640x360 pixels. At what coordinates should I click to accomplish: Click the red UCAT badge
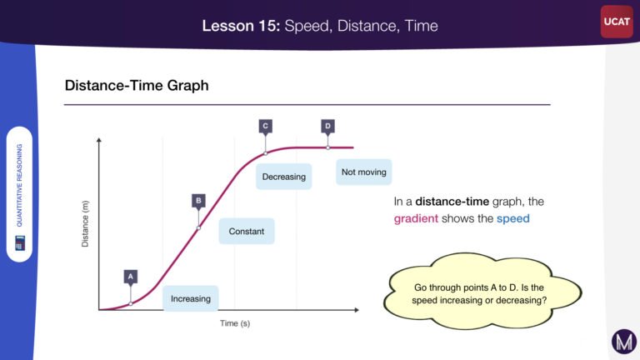point(617,22)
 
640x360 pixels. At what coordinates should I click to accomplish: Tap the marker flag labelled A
point(131,277)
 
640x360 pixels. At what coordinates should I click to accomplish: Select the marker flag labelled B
point(199,201)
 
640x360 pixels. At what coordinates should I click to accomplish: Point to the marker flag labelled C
point(265,126)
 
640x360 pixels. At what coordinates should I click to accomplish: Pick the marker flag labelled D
point(327,126)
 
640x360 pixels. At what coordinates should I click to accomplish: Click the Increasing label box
point(191,299)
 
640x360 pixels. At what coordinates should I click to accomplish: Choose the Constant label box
point(247,232)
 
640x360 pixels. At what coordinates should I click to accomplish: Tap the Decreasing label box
point(283,177)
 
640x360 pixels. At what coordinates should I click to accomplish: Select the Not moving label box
point(363,172)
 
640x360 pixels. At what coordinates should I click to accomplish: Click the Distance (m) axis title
point(85,223)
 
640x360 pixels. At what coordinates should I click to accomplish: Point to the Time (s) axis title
point(235,323)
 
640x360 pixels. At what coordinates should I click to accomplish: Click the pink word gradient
point(416,219)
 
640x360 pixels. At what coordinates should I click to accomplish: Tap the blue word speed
point(513,218)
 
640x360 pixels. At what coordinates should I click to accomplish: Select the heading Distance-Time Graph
point(137,85)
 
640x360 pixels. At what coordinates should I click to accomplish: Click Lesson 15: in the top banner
point(241,26)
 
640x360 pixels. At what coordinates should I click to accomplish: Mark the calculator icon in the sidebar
point(20,242)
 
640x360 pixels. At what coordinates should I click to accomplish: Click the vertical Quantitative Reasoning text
point(19,185)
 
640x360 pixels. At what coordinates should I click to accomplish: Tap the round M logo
point(624,342)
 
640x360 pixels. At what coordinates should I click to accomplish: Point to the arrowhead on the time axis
point(357,310)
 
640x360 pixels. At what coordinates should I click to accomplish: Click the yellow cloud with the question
point(482,292)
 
